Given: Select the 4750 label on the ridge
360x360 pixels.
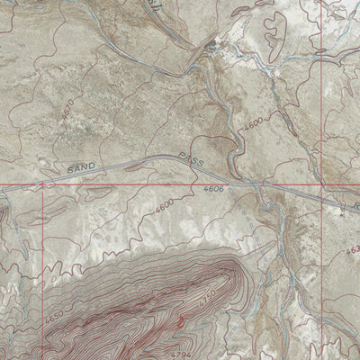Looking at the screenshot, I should pyautogui.click(x=209, y=296).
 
